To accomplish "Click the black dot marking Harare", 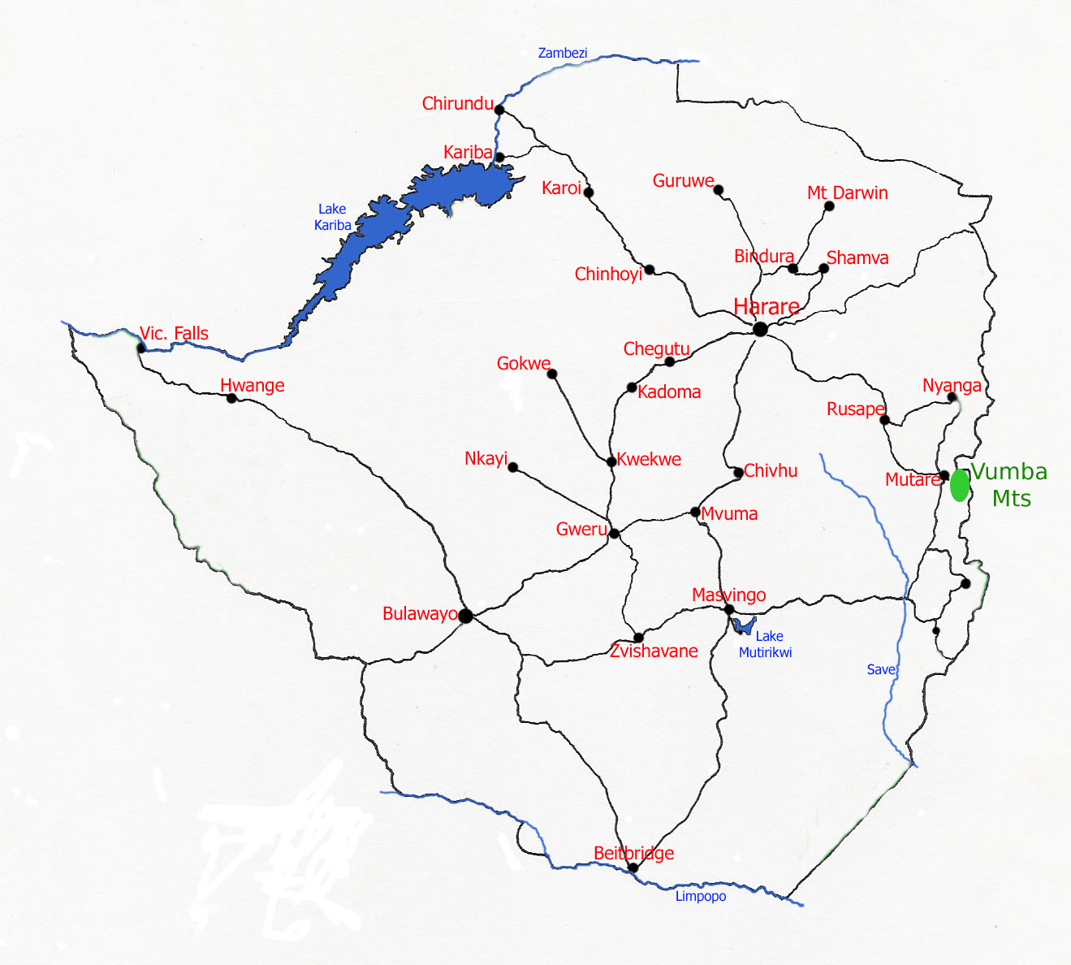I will click(x=760, y=329).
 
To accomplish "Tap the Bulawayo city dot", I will click(x=465, y=616).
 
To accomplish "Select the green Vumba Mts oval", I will click(x=960, y=485).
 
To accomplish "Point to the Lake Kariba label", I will click(x=333, y=217).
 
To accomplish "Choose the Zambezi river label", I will click(x=562, y=53).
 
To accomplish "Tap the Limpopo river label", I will click(x=701, y=896).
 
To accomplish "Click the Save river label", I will click(x=880, y=669).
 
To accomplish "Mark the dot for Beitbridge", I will click(x=633, y=868).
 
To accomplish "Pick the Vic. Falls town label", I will click(x=174, y=333).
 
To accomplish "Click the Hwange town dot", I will click(x=231, y=398).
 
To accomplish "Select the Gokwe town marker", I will click(x=552, y=374).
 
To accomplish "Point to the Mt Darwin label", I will click(x=847, y=193).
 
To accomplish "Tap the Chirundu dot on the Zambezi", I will click(x=499, y=110).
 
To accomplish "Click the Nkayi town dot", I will click(x=512, y=467).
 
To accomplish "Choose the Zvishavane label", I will click(x=654, y=651).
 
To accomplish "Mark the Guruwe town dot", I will click(x=719, y=190).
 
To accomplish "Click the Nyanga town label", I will click(x=952, y=385).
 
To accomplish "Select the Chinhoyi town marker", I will click(x=650, y=270).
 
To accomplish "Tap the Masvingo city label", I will click(x=728, y=595).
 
